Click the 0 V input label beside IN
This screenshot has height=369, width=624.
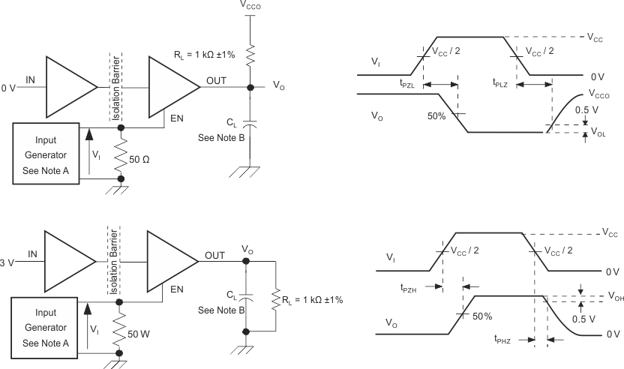coord(8,88)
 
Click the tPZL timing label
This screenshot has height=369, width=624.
coord(410,85)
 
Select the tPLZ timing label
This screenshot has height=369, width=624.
coord(499,85)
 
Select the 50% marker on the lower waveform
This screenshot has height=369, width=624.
coord(482,316)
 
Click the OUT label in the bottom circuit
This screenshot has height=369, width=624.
coord(216,255)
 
